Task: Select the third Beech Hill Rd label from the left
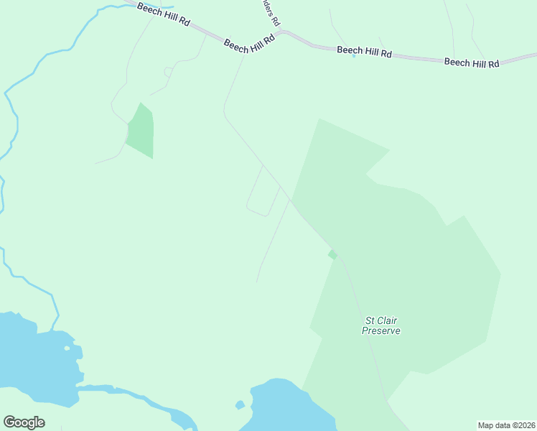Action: (x=364, y=51)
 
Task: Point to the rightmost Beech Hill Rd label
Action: (x=471, y=62)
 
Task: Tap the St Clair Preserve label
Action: (x=380, y=325)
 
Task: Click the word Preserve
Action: (x=380, y=331)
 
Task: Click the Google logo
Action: (x=24, y=422)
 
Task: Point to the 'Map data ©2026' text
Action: (x=506, y=425)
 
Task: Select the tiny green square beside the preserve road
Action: (x=332, y=254)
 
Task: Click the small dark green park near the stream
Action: (x=141, y=131)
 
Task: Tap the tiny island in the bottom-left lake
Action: (x=67, y=348)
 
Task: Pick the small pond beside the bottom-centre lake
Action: (x=240, y=405)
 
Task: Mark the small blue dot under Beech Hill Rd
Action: (x=354, y=56)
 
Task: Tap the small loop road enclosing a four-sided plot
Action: (x=262, y=192)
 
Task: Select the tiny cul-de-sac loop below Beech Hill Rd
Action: (x=168, y=71)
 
